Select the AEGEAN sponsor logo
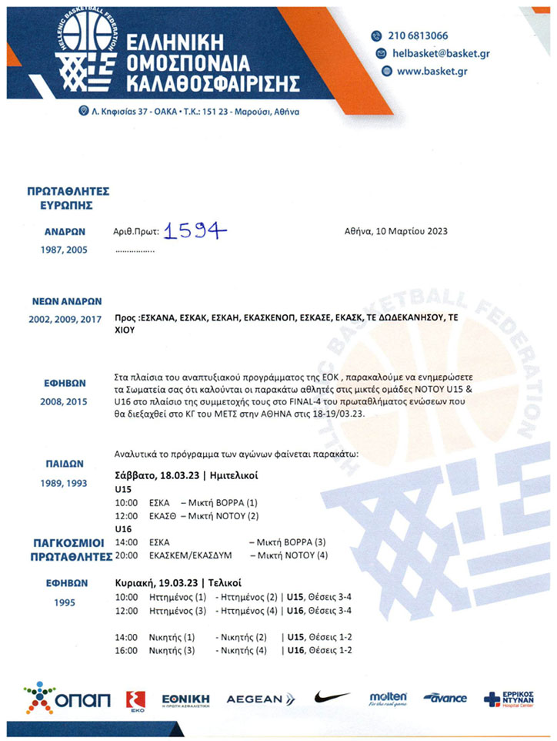point(260,699)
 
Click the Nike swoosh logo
point(332,698)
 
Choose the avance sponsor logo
point(445,698)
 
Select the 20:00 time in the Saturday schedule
point(125,555)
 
